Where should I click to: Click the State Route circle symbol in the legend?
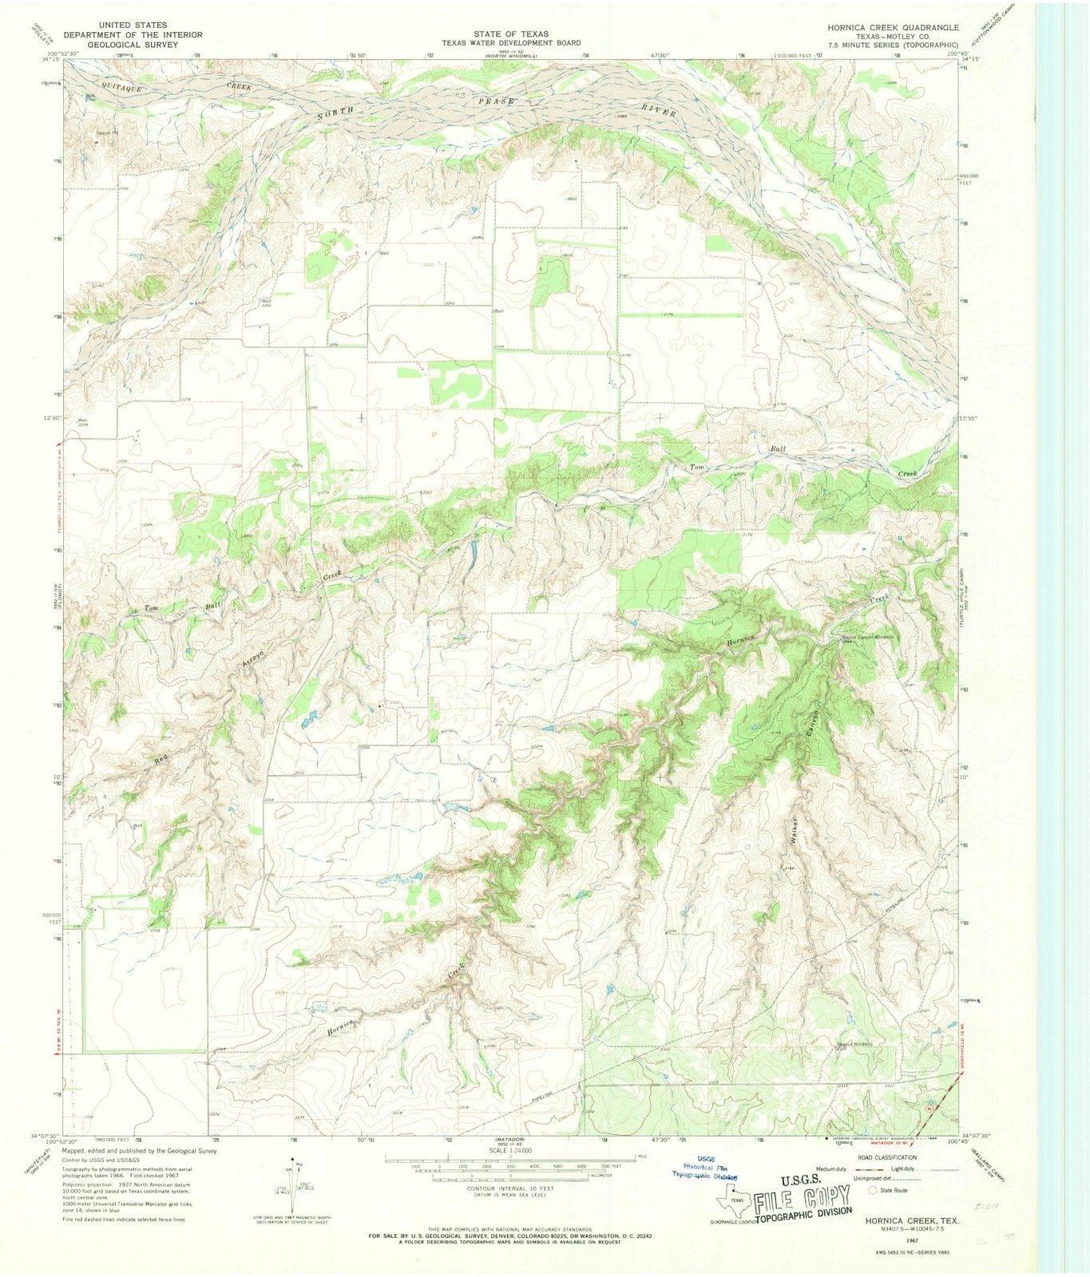(873, 1189)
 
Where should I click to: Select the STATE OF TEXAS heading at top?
(510, 34)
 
